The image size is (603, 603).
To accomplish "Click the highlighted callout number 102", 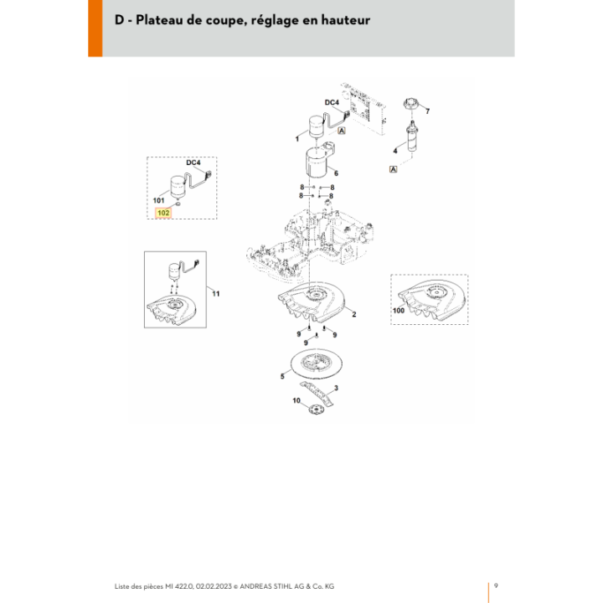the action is (163, 213).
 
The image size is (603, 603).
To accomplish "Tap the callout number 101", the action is (158, 200).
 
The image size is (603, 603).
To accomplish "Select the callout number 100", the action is (399, 311).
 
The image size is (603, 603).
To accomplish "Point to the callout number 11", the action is (216, 294).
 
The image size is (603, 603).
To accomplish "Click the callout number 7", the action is (427, 111).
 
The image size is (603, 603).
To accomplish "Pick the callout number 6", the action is (336, 173).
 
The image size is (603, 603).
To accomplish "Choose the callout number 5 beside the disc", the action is (282, 376).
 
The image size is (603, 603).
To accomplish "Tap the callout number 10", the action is (296, 400).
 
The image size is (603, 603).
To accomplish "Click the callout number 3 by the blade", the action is (336, 388).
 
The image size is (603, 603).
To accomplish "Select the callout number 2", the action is (353, 314).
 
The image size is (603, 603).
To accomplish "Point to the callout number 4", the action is (395, 151).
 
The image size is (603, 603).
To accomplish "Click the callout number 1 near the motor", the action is (296, 139).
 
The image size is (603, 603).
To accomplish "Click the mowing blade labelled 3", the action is (316, 393).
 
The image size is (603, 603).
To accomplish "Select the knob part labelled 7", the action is (410, 104).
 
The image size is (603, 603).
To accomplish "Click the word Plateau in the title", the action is (159, 19).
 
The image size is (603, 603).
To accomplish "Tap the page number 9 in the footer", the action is (496, 585).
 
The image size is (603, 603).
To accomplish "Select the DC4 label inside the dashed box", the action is (193, 162).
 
